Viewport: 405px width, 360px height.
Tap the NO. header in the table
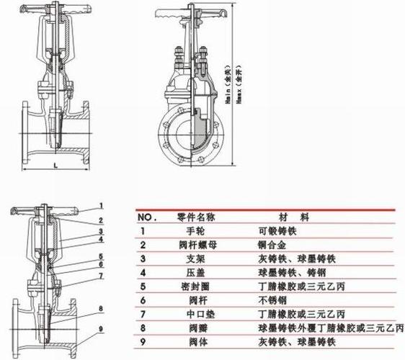pyautogui.click(x=146, y=217)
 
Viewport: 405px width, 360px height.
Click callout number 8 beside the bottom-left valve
pyautogui.click(x=102, y=308)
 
